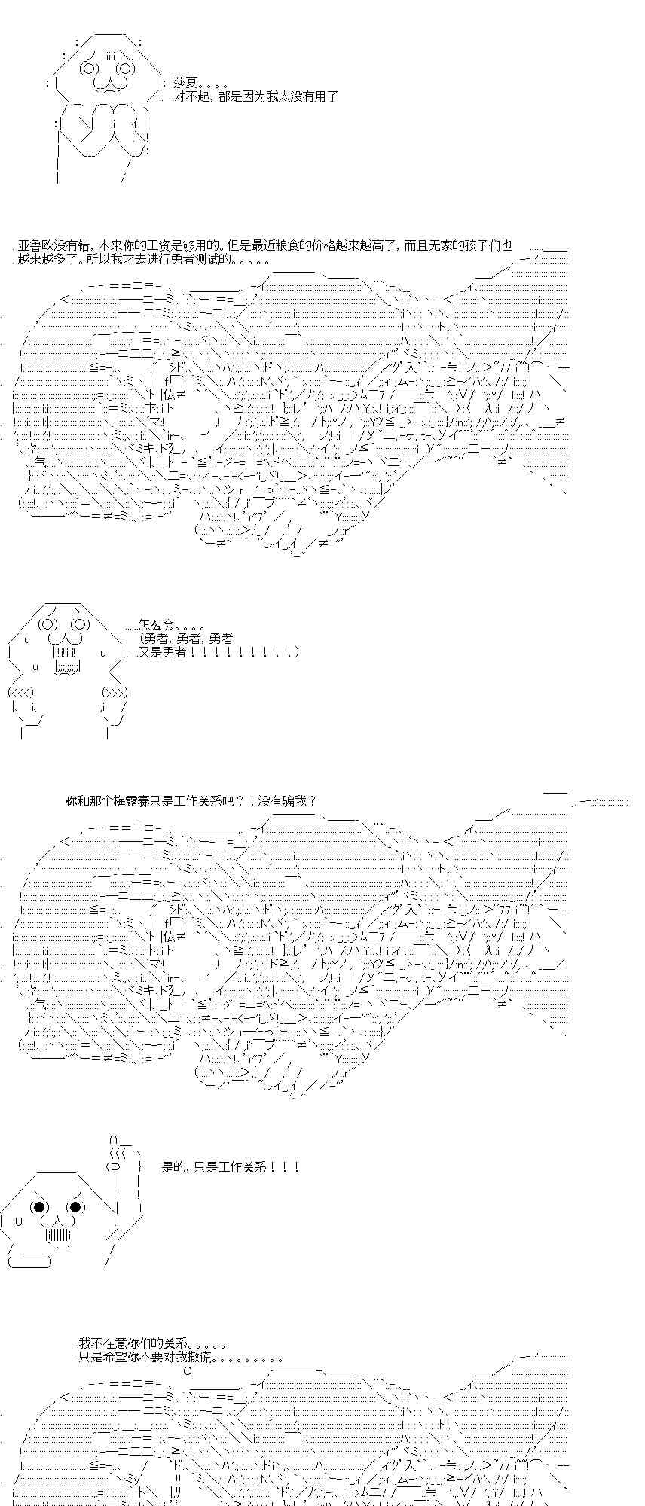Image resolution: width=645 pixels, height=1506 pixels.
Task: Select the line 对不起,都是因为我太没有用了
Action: (x=255, y=96)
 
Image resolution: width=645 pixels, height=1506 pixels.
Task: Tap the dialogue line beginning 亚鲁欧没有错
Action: (x=264, y=245)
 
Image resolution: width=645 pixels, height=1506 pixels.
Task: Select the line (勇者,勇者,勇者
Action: (x=185, y=639)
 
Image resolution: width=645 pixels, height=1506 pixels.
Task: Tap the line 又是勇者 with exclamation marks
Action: (x=219, y=651)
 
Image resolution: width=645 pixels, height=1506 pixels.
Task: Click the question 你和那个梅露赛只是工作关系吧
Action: (x=191, y=801)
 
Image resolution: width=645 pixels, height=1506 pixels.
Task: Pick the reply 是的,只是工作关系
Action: (x=231, y=1167)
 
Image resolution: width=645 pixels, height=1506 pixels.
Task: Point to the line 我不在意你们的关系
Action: (x=152, y=1343)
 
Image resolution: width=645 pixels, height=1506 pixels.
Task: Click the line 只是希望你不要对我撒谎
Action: (x=181, y=1357)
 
